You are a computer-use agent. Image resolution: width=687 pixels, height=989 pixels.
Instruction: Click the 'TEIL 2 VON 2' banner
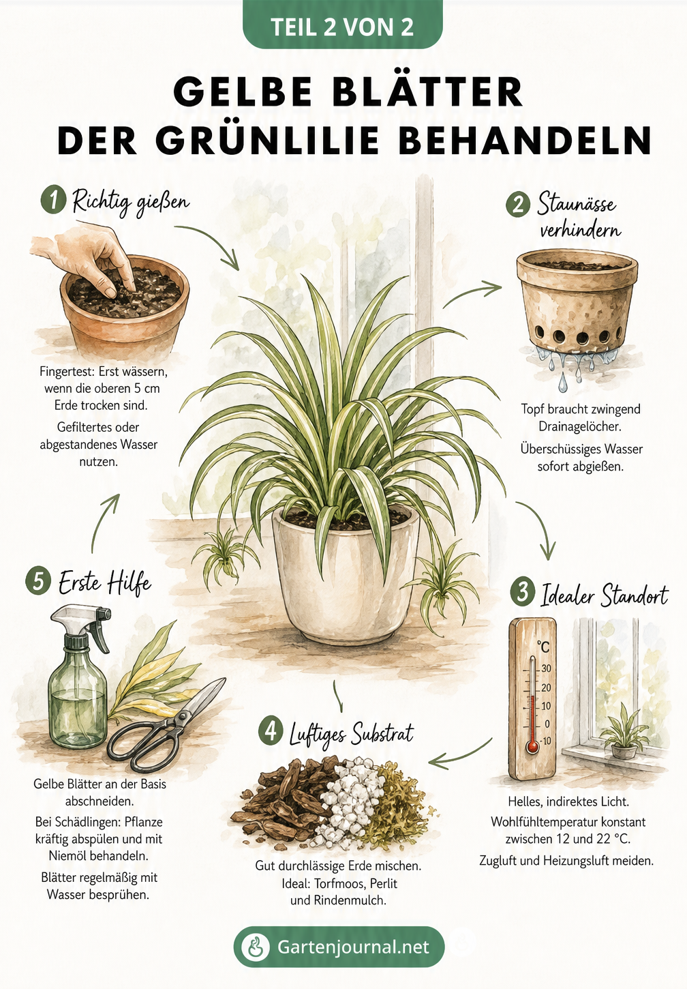click(342, 25)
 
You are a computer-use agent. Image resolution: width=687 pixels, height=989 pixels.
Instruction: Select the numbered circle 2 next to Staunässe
click(518, 205)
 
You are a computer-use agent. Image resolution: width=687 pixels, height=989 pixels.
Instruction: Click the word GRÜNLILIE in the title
click(267, 140)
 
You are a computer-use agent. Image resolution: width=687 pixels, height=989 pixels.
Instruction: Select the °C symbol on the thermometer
click(544, 647)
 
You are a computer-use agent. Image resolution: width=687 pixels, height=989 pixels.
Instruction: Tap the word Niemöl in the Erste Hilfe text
click(68, 855)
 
